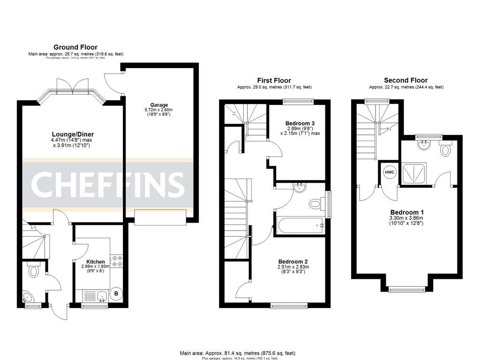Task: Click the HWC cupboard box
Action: point(390,172)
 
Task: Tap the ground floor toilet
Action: point(33,270)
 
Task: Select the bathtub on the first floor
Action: point(300,226)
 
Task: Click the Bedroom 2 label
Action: point(293,262)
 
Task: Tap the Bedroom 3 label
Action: point(300,123)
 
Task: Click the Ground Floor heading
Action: point(75,47)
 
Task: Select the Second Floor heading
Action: point(405,80)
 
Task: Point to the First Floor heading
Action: point(274,80)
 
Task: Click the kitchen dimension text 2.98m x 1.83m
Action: point(95,267)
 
